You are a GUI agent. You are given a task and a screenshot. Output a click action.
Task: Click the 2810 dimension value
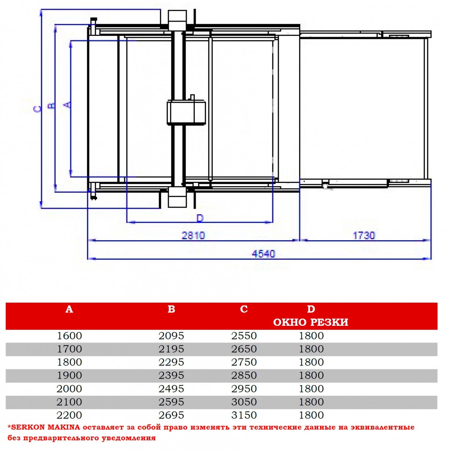click(193, 235)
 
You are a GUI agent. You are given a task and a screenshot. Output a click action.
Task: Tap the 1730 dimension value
click(364, 235)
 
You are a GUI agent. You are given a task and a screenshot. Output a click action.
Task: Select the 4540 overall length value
click(263, 254)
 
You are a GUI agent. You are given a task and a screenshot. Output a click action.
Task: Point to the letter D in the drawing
click(200, 218)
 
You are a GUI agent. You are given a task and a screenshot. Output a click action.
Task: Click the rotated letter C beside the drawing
click(38, 109)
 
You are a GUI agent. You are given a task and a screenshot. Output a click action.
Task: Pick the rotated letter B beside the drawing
click(52, 106)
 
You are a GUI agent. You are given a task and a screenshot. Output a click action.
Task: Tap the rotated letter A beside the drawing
click(67, 105)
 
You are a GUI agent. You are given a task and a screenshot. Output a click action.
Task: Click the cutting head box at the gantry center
click(186, 113)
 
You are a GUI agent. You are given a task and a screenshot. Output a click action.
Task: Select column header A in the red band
click(69, 309)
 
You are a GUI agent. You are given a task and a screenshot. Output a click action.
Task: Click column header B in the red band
click(171, 309)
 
